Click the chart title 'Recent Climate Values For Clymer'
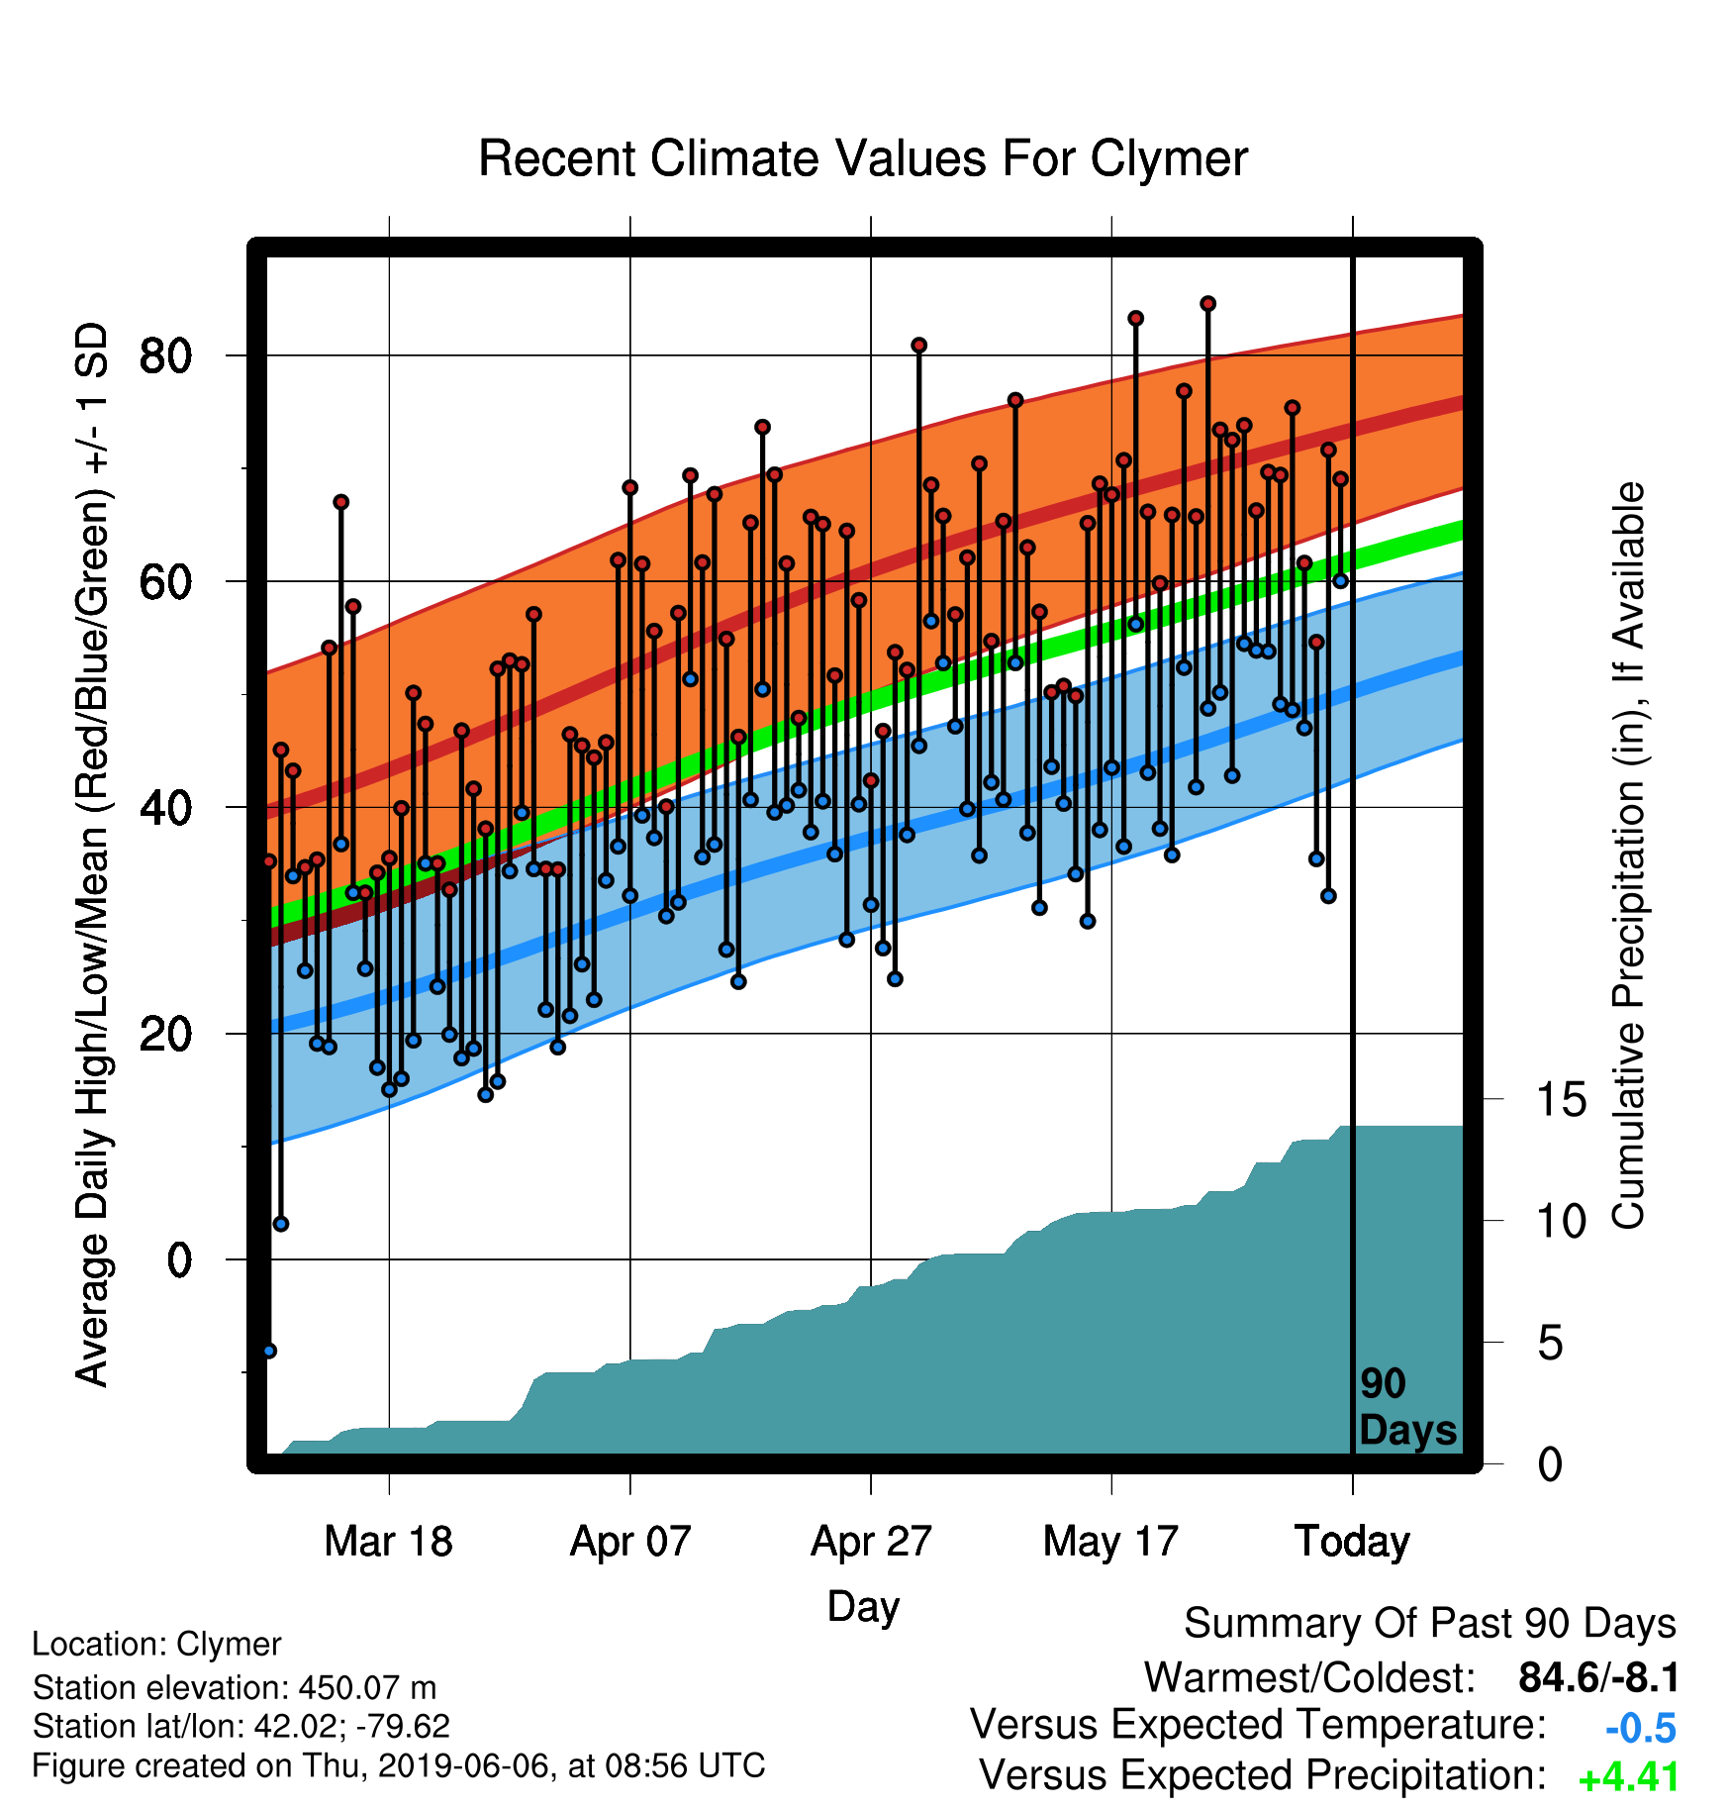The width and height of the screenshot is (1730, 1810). click(x=863, y=159)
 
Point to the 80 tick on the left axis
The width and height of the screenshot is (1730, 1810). click(x=166, y=355)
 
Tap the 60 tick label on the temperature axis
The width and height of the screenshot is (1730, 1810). click(x=166, y=582)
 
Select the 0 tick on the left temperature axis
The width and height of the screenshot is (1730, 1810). click(x=179, y=1260)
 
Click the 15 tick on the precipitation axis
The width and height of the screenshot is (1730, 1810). click(x=1562, y=1100)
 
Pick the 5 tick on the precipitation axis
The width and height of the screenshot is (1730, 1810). click(x=1550, y=1344)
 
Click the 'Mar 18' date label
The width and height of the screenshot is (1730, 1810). click(x=389, y=1542)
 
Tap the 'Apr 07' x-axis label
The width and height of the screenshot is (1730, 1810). click(x=630, y=1542)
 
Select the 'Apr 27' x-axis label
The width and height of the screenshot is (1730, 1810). click(x=871, y=1542)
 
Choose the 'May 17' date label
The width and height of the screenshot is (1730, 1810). click(x=1111, y=1542)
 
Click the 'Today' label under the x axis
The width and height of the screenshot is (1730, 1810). click(x=1353, y=1542)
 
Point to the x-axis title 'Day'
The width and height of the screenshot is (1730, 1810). click(x=863, y=1607)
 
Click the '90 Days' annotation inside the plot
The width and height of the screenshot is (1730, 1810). click(x=1407, y=1407)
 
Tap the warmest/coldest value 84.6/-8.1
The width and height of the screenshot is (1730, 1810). click(x=1599, y=1678)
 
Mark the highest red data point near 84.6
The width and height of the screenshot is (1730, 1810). click(x=1208, y=304)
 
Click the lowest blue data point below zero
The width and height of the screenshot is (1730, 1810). click(x=269, y=1352)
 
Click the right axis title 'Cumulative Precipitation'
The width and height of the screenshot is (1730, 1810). click(x=1629, y=856)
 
